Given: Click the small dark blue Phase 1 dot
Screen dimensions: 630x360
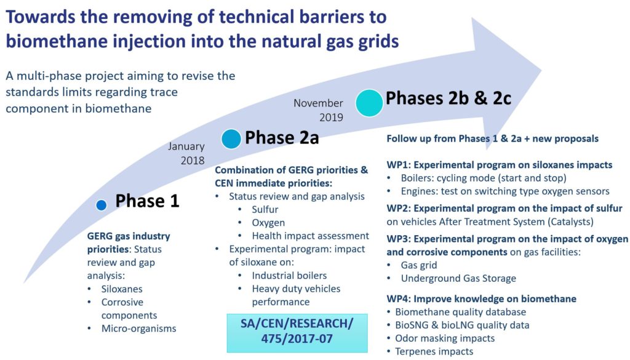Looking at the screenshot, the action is click(x=102, y=205).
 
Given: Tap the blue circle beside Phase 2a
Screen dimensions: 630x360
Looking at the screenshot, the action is click(x=231, y=139).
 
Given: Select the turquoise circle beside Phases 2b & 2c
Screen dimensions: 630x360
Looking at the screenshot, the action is click(x=369, y=103).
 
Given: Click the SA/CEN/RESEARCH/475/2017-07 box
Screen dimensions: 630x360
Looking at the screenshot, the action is click(x=297, y=333).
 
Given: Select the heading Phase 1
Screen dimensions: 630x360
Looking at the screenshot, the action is click(x=147, y=201).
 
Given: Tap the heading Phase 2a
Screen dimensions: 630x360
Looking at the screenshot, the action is click(x=282, y=137).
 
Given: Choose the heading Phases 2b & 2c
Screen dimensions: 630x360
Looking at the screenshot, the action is click(x=449, y=98).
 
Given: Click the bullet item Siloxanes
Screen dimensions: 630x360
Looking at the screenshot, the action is click(x=122, y=289).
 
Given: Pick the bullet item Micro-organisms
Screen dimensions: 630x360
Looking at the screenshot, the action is click(x=138, y=329).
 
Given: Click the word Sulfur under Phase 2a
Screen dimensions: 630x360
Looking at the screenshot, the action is click(x=265, y=209).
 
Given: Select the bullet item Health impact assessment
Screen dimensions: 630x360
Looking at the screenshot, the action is click(x=310, y=236).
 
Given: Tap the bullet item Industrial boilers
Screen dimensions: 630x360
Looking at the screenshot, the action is click(x=289, y=276).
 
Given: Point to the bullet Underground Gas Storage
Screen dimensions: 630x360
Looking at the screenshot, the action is click(x=458, y=278).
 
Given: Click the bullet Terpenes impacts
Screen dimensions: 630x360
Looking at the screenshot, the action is click(x=434, y=351).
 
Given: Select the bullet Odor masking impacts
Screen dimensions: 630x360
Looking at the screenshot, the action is click(x=445, y=338).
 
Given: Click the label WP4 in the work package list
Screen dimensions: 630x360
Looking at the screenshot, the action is click(x=398, y=299).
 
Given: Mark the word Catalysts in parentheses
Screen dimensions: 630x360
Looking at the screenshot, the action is click(x=570, y=222).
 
